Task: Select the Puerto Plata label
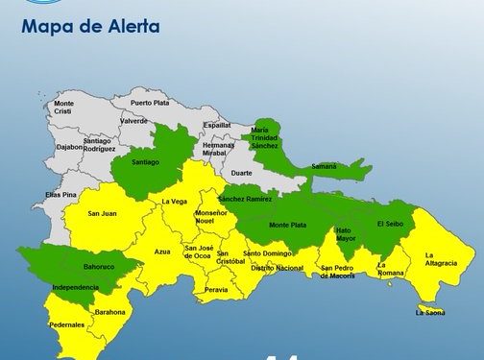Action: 149,102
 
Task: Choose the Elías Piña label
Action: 60,195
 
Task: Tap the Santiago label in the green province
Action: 145,162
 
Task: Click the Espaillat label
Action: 217,125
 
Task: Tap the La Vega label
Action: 174,202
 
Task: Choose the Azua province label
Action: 162,252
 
